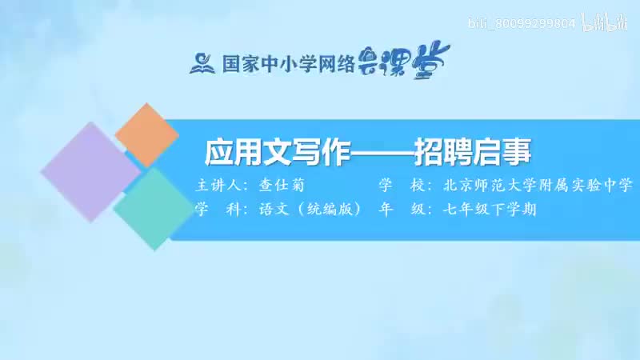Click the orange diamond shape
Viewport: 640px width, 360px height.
146,134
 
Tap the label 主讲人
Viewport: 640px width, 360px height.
221,186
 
